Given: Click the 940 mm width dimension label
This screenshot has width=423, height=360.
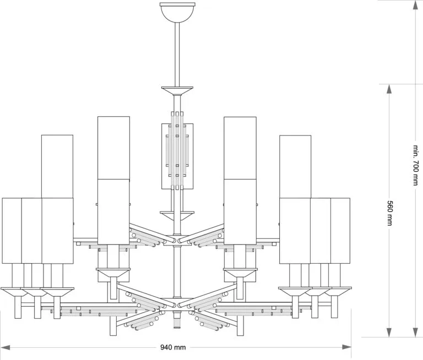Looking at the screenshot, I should click(173, 347).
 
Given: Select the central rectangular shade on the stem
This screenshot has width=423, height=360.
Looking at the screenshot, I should click(177, 156).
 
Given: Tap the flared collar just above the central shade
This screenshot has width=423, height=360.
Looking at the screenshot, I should click(177, 89).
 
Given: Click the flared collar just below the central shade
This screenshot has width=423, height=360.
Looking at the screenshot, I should click(177, 212).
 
